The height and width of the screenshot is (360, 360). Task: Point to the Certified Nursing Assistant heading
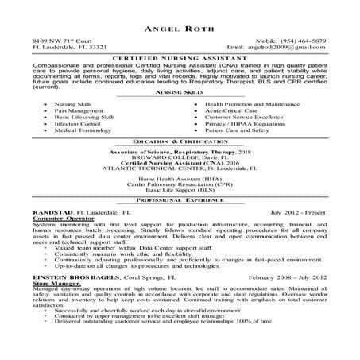pyautogui.click(x=180, y=60)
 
